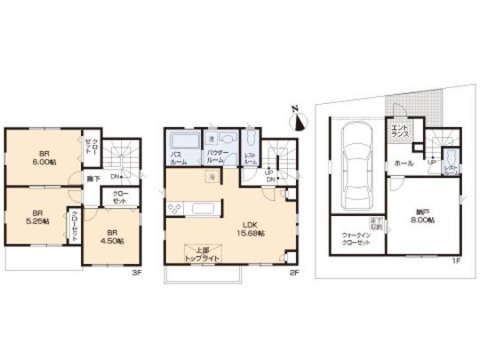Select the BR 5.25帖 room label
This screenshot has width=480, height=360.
(37, 217)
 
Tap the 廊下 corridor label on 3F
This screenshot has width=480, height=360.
(92, 179)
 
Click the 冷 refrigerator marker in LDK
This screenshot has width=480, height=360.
(211, 178)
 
